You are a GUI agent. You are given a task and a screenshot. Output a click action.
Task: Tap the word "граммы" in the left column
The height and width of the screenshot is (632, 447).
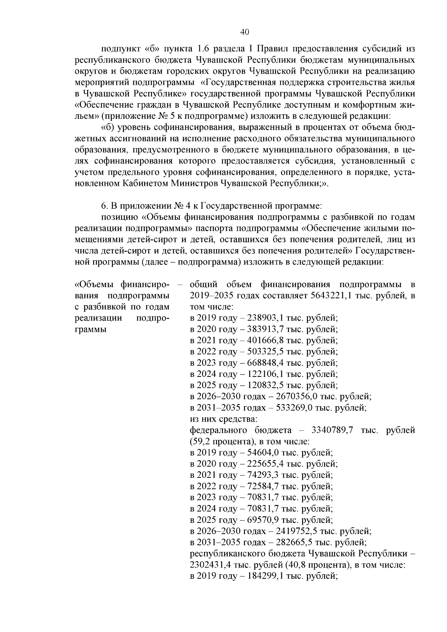point(91,330)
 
